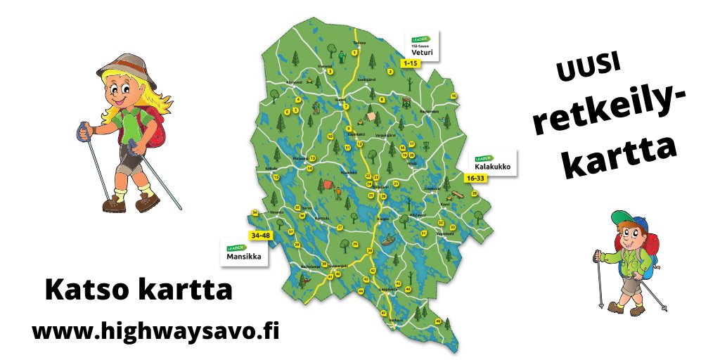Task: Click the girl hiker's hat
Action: click(x=127, y=65)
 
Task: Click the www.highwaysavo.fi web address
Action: click(x=155, y=330)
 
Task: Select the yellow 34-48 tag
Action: click(x=259, y=235)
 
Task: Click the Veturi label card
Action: click(x=422, y=44)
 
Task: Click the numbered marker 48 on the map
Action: click(x=438, y=321)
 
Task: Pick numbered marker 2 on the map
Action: click(x=390, y=71)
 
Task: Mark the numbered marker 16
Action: click(x=454, y=96)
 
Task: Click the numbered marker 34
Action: click(x=255, y=213)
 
